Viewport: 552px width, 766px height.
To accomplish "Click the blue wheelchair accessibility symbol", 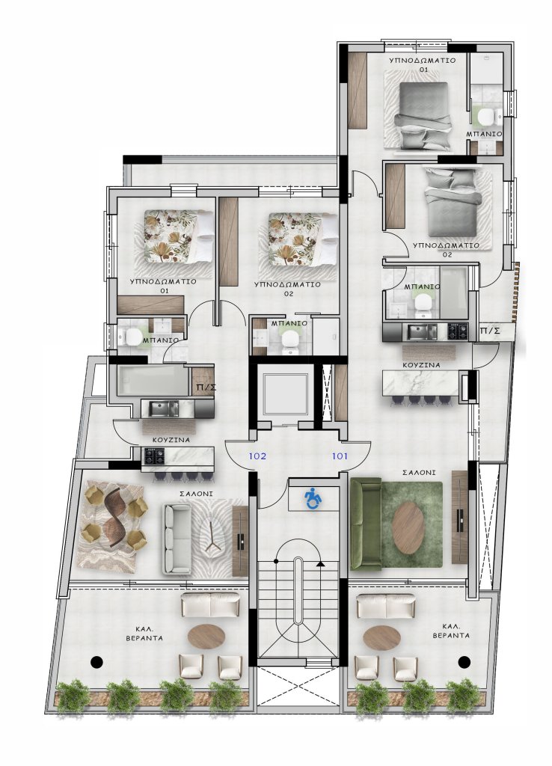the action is pyautogui.click(x=313, y=499).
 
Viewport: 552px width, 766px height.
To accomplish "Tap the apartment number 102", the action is pyautogui.click(x=257, y=456).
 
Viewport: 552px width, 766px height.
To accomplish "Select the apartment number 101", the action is pyautogui.click(x=340, y=456).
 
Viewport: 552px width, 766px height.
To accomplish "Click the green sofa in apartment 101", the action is pyautogui.click(x=366, y=524).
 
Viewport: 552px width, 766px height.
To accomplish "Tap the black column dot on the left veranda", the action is pyautogui.click(x=96, y=662).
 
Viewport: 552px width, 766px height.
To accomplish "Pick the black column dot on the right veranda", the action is pyautogui.click(x=464, y=662).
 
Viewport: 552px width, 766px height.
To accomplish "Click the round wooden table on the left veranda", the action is pyautogui.click(x=206, y=637).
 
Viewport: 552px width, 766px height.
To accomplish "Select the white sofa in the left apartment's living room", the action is pyautogui.click(x=177, y=539).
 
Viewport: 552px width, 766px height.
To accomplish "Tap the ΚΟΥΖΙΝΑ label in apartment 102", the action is pyautogui.click(x=171, y=440).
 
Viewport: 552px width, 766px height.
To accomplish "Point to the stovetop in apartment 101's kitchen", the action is pyautogui.click(x=459, y=331).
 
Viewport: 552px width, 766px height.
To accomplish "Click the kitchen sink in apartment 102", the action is pyautogui.click(x=164, y=408).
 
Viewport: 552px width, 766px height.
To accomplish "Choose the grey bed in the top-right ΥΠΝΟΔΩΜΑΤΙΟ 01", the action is pyautogui.click(x=424, y=115).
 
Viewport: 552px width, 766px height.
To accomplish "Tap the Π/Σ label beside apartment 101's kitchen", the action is pyautogui.click(x=490, y=331).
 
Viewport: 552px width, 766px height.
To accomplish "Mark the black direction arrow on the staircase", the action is pyautogui.click(x=320, y=564).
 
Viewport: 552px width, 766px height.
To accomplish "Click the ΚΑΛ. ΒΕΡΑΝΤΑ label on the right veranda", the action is pyautogui.click(x=451, y=631).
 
